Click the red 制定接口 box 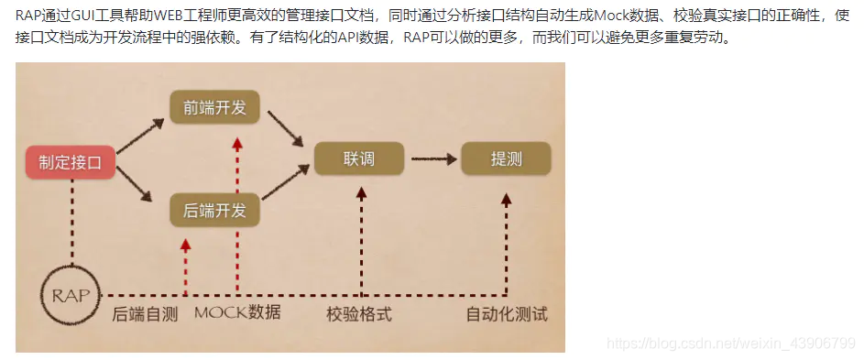click(x=76, y=163)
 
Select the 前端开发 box click(x=214, y=108)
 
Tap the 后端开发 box click(x=214, y=211)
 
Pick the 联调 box click(x=359, y=158)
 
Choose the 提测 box click(x=506, y=158)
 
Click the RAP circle click(x=71, y=296)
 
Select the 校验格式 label click(x=359, y=314)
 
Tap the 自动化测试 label click(x=507, y=314)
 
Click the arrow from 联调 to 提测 click(x=432, y=158)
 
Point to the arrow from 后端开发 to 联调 click(x=284, y=183)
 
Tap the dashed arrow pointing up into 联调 click(x=361, y=238)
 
